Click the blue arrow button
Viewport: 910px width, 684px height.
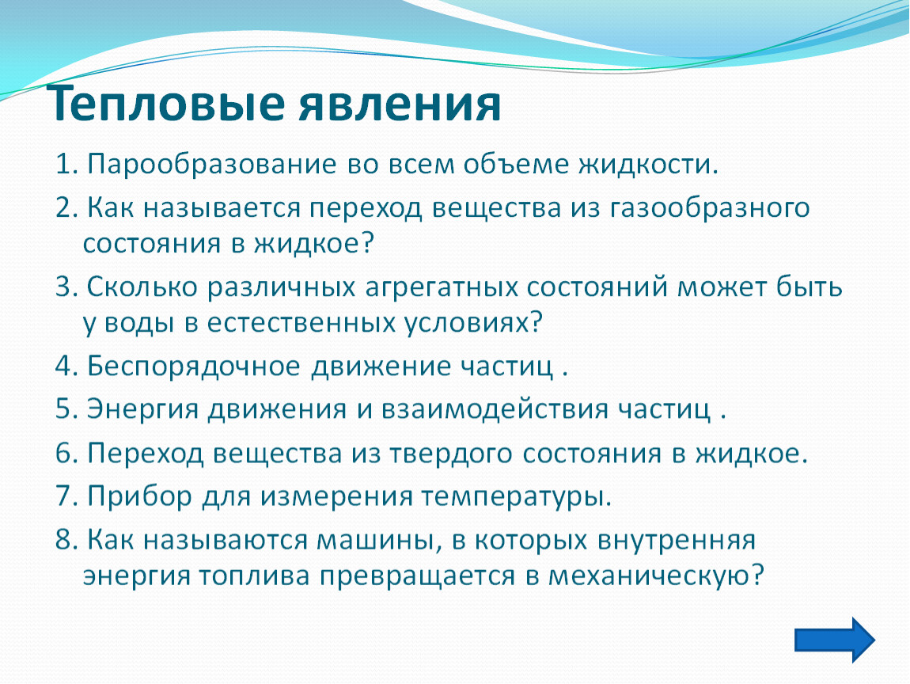835,640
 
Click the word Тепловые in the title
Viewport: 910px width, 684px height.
165,104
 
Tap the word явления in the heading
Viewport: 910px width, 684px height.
400,104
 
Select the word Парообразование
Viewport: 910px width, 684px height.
212,165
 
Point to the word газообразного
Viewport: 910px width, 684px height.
709,208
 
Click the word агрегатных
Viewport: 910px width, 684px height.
441,287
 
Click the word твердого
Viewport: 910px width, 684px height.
451,454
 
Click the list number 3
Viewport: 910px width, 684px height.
66,287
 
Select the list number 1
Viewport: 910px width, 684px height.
66,165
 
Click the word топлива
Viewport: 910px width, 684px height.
254,576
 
